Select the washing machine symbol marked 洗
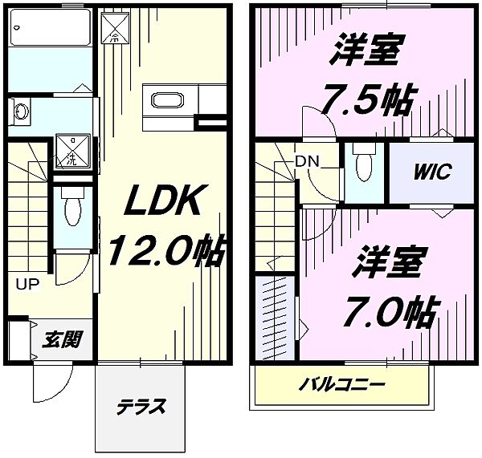point(71,150)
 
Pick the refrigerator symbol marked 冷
point(114,27)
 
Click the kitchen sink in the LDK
point(168,100)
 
